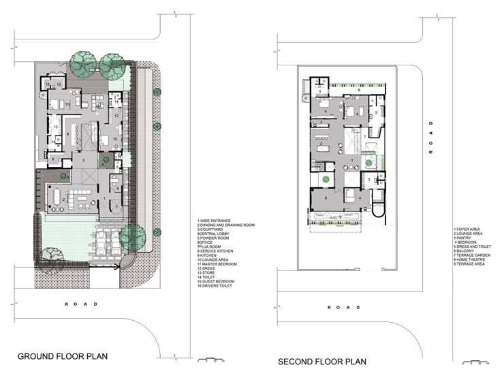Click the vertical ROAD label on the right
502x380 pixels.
coord(430,138)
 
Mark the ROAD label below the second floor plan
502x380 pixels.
coord(344,308)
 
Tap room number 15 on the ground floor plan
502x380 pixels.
coord(116,138)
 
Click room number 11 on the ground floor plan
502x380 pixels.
coord(68,104)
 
